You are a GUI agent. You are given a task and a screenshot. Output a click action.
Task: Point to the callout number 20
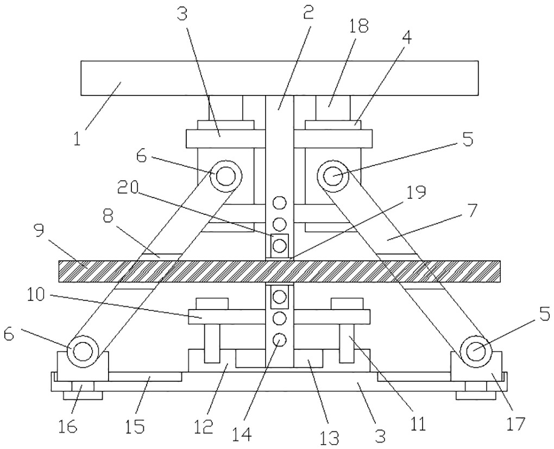(127, 188)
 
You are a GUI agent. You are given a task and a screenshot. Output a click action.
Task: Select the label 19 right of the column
(416, 192)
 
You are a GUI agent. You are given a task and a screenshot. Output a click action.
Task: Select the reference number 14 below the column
(242, 434)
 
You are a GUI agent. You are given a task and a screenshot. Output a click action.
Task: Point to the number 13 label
(329, 438)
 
